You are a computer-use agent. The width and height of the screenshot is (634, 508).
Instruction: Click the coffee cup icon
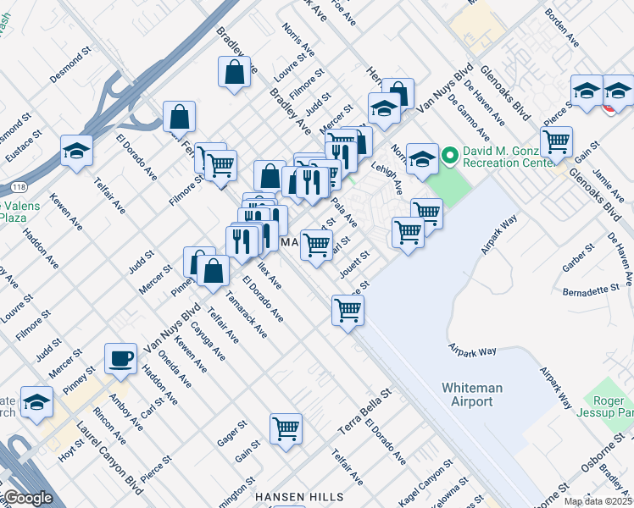[120, 357]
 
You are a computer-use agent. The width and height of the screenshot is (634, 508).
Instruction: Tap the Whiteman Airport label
[467, 395]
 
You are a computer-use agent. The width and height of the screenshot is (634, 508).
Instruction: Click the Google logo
[28, 498]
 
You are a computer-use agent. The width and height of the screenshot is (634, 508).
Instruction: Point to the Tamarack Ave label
[247, 314]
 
